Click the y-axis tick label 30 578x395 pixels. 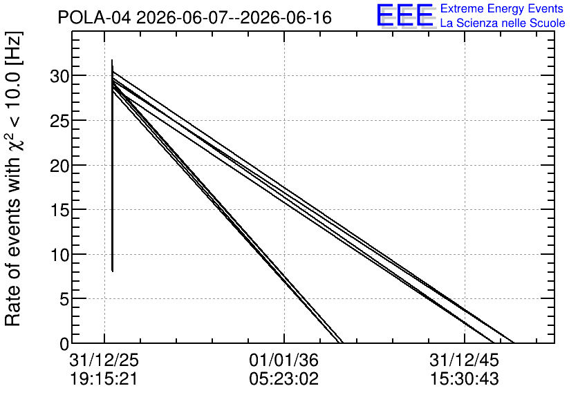click(59, 76)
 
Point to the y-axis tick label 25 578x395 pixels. click(59, 121)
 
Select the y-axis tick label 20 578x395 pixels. click(59, 166)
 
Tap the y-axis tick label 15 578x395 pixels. click(59, 210)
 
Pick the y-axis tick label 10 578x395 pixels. click(59, 255)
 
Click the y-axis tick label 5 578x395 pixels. click(64, 300)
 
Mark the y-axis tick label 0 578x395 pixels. click(64, 344)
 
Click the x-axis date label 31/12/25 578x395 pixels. click(104, 360)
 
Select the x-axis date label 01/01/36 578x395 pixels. click(284, 360)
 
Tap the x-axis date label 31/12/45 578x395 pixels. click(464, 360)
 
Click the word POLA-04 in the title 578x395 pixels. click(94, 17)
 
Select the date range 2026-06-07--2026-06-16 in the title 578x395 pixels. click(234, 17)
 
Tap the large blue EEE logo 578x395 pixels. click(404, 15)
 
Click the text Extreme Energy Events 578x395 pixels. click(502, 8)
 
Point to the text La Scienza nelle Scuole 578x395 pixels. click(503, 23)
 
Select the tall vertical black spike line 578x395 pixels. click(112, 166)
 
